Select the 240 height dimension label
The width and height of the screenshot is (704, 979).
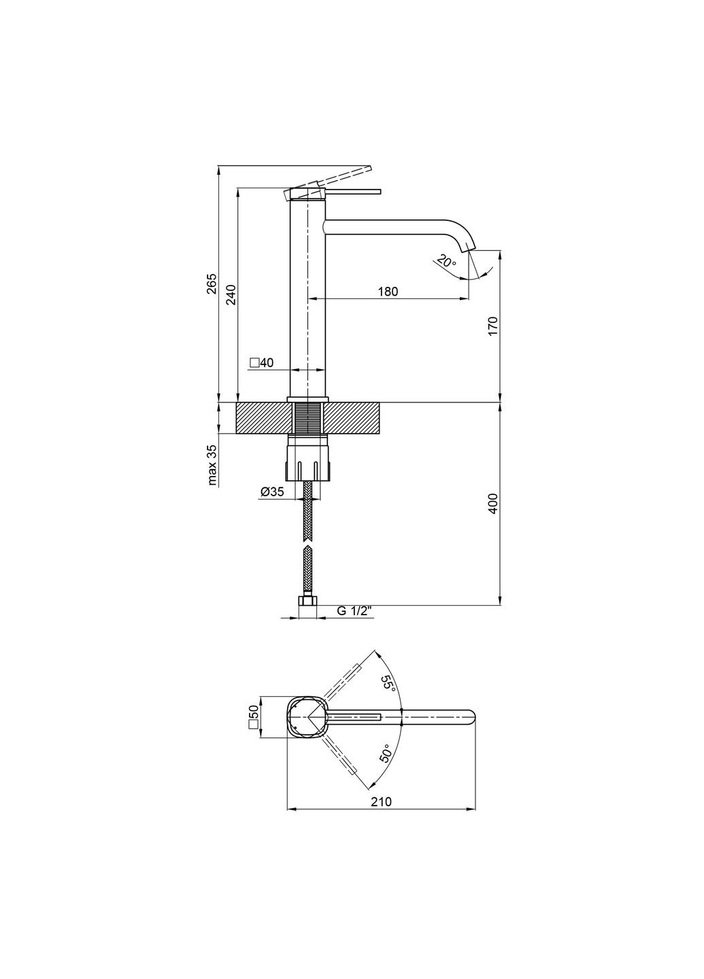coord(231,294)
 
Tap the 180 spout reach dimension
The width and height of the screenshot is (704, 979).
coord(387,292)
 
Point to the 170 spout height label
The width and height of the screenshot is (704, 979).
coord(494,326)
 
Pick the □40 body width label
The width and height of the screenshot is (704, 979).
coord(261,363)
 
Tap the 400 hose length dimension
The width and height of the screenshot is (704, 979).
coord(494,502)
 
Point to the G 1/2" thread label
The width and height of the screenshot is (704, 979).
coord(353,611)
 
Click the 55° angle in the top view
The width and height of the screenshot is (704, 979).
coord(388,683)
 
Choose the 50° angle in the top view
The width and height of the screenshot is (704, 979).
coord(385,754)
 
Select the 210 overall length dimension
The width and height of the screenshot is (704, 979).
coord(382,802)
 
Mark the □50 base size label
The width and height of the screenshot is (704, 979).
coord(254,717)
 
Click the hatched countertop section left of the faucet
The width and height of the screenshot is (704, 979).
coord(262,417)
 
